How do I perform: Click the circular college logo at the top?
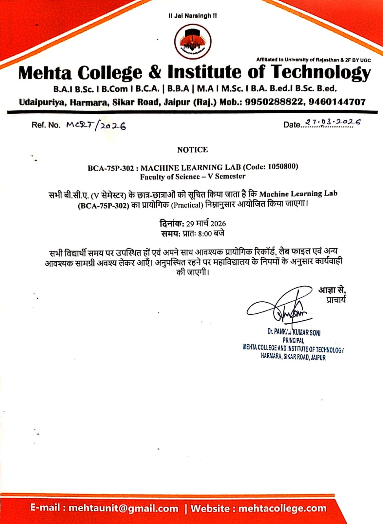coord(192,42)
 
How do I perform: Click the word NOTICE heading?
coord(192,150)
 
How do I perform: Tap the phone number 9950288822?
coord(274,102)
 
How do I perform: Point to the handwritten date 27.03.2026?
coord(333,122)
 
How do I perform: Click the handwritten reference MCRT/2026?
coord(96,125)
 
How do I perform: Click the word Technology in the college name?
coord(321,72)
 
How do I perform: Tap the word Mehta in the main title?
coord(45,72)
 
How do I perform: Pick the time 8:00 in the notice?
coord(205,234)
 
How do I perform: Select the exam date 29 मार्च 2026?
coord(206,224)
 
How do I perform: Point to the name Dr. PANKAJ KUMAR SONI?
coord(294,332)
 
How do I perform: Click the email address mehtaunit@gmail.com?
coord(124,508)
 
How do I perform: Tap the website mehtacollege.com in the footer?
coord(282,508)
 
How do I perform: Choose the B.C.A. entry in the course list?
coord(147,89)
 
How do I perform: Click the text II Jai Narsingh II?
coord(192,16)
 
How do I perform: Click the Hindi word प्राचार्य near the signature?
coord(336,300)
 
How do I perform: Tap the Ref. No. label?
coord(46,125)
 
